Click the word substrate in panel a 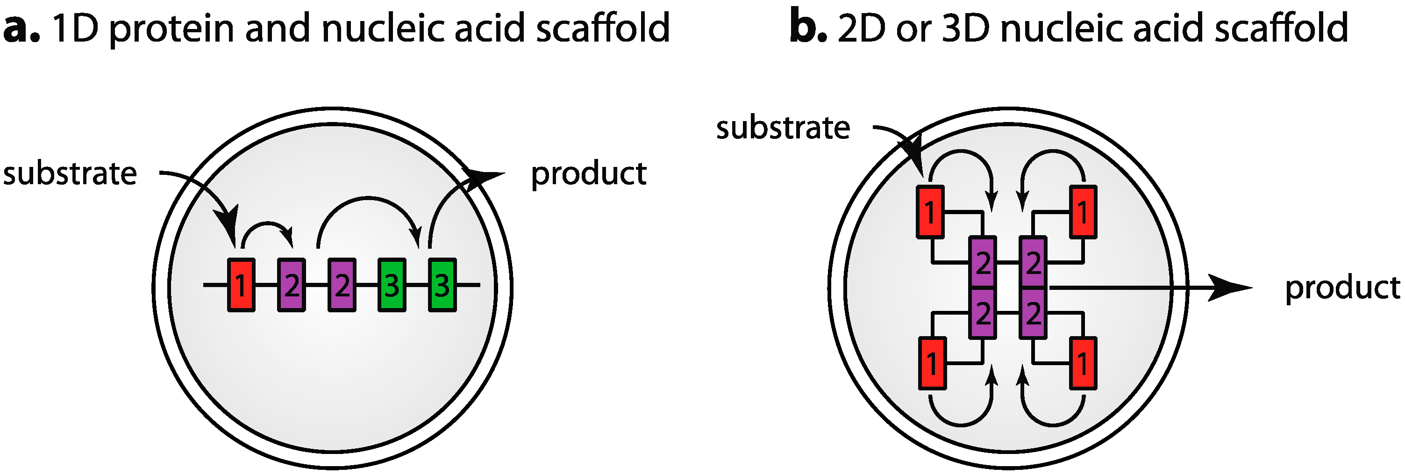[70, 173]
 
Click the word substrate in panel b [783, 128]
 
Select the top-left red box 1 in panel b [930, 212]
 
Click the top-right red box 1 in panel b [1083, 212]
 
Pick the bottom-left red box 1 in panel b [932, 363]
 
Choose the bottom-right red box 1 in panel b [1083, 363]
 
